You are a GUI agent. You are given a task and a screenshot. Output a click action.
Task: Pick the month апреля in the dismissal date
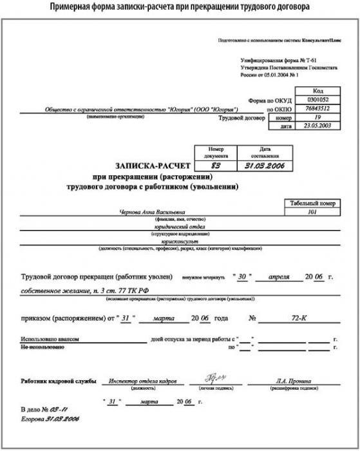pyautogui.click(x=279, y=276)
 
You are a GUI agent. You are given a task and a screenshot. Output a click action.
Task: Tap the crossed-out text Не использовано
pyautogui.click(x=43, y=347)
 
